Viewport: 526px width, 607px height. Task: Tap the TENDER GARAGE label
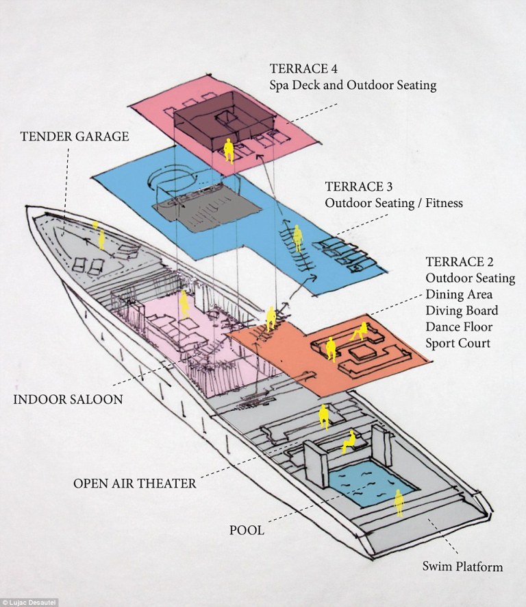pos(75,136)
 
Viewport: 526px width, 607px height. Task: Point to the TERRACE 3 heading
pos(354,187)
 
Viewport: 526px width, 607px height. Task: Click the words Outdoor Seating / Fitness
pos(394,203)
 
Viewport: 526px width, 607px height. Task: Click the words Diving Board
pos(460,311)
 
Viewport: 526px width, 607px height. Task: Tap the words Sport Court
pos(458,343)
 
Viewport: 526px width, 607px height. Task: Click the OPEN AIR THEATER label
pos(135,483)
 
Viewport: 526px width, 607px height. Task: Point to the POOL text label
pos(247,530)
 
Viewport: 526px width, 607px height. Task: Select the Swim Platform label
pos(462,567)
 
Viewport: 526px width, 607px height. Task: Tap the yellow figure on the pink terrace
pos(229,150)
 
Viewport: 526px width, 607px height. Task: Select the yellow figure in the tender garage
pos(101,239)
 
